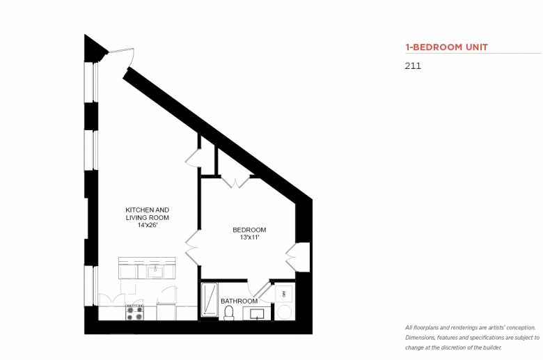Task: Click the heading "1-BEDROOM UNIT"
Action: click(446, 47)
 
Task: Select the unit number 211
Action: click(413, 66)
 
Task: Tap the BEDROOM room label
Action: click(249, 230)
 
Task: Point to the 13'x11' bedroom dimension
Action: click(249, 237)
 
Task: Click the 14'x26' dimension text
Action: click(148, 225)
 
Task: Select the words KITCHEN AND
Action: click(147, 210)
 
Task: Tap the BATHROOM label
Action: click(239, 301)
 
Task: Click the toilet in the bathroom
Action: click(229, 313)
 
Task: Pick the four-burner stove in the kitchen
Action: click(134, 312)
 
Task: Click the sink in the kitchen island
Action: click(155, 272)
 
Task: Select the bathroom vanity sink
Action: click(257, 313)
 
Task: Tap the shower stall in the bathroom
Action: click(209, 300)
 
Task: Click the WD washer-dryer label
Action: click(284, 295)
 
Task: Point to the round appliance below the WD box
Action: click(284, 312)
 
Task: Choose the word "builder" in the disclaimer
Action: click(492, 347)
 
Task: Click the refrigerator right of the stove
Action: click(166, 311)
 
